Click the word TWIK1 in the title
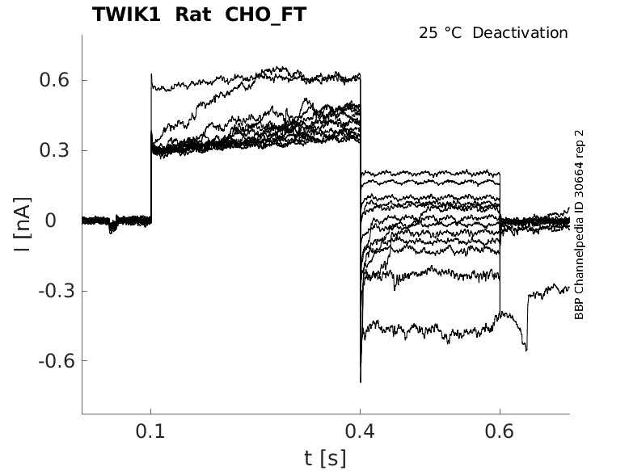[x=125, y=15]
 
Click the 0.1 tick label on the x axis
[x=151, y=431]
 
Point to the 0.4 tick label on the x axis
[x=360, y=431]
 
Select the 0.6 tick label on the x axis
[x=500, y=431]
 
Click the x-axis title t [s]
[x=325, y=459]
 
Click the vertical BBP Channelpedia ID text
[x=579, y=224]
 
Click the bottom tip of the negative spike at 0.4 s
[x=361, y=381]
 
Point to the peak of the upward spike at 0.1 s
[x=151, y=74]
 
